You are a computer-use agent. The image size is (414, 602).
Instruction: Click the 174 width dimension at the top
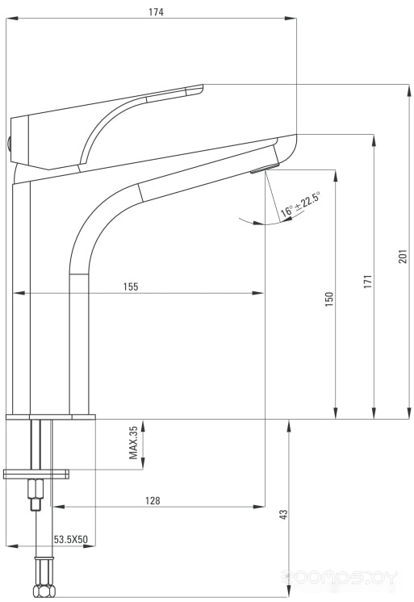click(x=156, y=12)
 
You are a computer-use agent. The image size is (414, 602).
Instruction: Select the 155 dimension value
click(x=131, y=286)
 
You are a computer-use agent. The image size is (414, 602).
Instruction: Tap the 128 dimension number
click(x=153, y=500)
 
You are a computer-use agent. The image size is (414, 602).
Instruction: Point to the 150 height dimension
click(x=329, y=299)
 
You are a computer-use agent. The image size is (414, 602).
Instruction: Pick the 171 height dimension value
click(x=368, y=282)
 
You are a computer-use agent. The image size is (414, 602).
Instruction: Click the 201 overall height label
click(x=402, y=257)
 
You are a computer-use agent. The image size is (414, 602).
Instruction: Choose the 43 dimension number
click(x=283, y=515)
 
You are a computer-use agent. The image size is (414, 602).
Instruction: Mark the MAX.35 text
click(x=133, y=442)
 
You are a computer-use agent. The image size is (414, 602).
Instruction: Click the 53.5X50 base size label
click(x=71, y=539)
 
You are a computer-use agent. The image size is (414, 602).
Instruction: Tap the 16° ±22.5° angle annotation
click(x=299, y=206)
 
